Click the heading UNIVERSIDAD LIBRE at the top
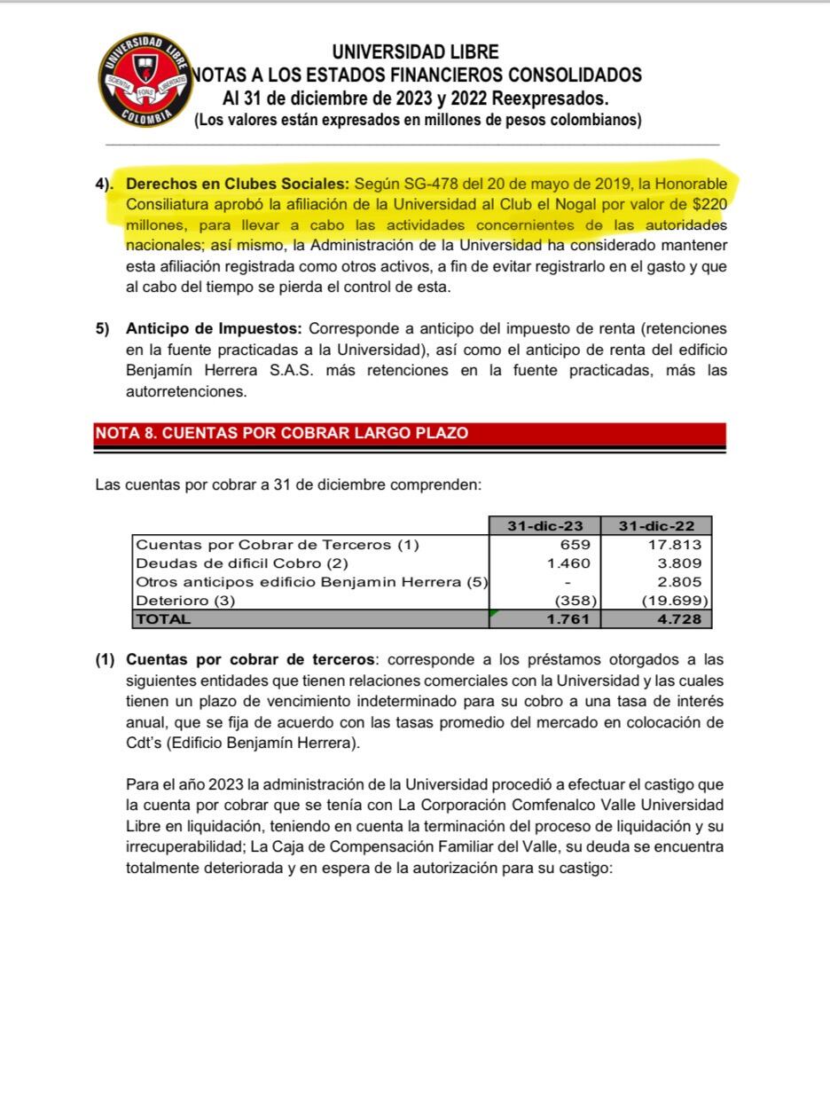[x=416, y=52]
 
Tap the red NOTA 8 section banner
[x=410, y=433]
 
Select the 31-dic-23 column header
[x=544, y=525]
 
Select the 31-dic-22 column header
[x=656, y=525]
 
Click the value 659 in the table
[x=576, y=545]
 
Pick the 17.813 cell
[x=675, y=545]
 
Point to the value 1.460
[x=569, y=563]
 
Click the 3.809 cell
[x=679, y=563]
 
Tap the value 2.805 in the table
[x=679, y=582]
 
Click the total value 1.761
[x=568, y=619]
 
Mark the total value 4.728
[x=679, y=619]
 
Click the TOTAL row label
[x=163, y=619]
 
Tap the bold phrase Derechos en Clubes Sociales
[x=238, y=185]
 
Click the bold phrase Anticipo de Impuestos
[x=215, y=328]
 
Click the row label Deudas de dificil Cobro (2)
[x=242, y=563]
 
